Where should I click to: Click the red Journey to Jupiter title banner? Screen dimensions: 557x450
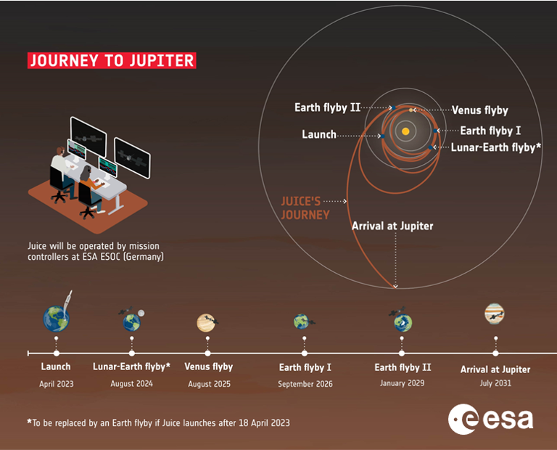point(112,60)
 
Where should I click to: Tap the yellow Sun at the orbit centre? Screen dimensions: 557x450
point(405,131)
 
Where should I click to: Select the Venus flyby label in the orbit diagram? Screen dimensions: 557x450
point(479,110)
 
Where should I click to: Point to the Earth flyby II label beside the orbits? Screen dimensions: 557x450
point(327,107)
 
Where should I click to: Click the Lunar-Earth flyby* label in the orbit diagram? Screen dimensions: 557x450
point(496,147)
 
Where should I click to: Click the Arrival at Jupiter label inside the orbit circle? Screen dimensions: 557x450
point(392,226)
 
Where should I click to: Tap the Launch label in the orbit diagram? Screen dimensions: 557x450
point(319,134)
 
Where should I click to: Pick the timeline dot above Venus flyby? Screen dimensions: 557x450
point(208,353)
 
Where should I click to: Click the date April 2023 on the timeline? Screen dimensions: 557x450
point(57,384)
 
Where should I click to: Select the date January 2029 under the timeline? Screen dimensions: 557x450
point(402,383)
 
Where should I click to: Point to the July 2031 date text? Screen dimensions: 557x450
point(495,383)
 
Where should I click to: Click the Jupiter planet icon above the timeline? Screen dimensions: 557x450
point(494,314)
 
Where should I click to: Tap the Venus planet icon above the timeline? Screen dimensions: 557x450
point(206,323)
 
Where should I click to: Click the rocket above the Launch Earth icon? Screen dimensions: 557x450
point(67,302)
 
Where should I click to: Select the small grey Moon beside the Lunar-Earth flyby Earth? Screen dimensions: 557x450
point(141,313)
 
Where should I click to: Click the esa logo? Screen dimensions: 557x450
point(490,420)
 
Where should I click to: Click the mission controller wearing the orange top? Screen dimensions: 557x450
point(90,187)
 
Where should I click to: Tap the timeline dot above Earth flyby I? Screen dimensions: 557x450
point(305,353)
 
